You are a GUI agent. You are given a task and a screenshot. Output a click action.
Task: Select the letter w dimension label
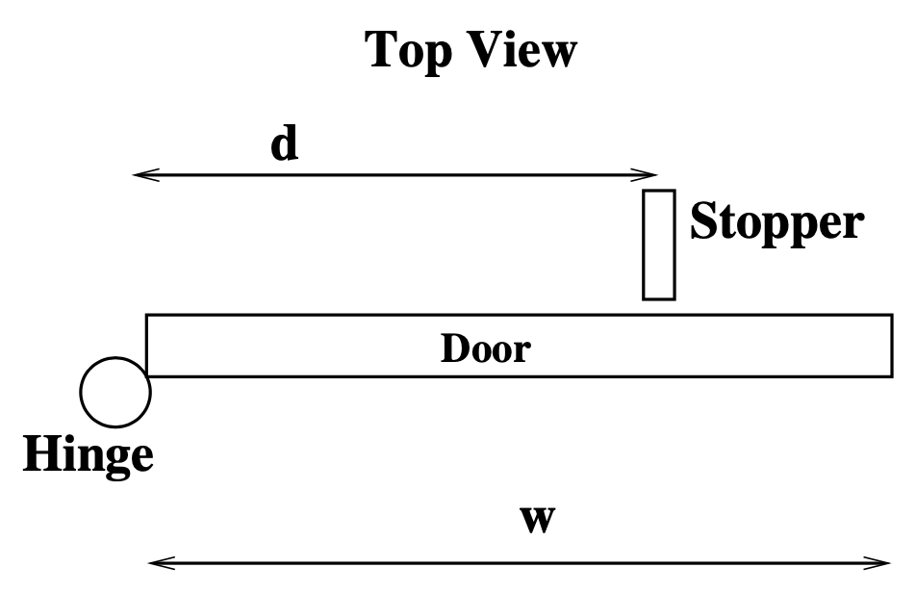click(537, 519)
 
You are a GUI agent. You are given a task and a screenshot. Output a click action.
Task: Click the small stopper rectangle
click(659, 245)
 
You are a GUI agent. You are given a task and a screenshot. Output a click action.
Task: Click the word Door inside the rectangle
click(485, 348)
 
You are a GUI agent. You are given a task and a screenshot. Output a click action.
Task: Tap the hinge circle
click(115, 392)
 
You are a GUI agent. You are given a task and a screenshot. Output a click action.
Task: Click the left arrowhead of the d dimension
click(140, 175)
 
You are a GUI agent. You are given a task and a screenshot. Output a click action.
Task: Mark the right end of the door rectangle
click(891, 345)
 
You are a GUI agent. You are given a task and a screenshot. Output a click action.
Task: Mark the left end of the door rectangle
click(147, 345)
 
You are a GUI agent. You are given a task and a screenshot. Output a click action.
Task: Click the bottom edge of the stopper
click(659, 298)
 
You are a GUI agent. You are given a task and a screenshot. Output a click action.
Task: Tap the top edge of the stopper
click(659, 192)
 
